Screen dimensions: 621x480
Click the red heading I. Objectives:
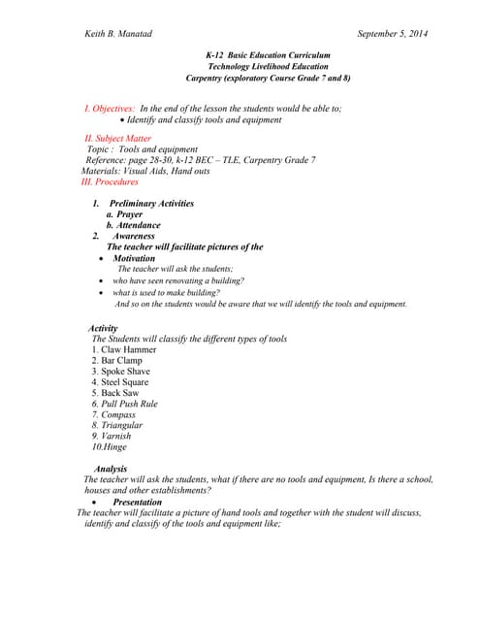110,109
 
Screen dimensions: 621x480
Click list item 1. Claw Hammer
123,349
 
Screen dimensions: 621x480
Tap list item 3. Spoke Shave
121,371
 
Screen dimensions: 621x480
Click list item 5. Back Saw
116,393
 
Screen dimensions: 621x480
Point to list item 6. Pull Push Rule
124,404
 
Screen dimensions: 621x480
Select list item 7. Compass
113,414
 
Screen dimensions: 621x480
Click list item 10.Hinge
110,447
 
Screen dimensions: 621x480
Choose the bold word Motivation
134,259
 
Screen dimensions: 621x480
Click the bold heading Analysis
112,469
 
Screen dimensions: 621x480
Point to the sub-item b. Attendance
134,225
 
